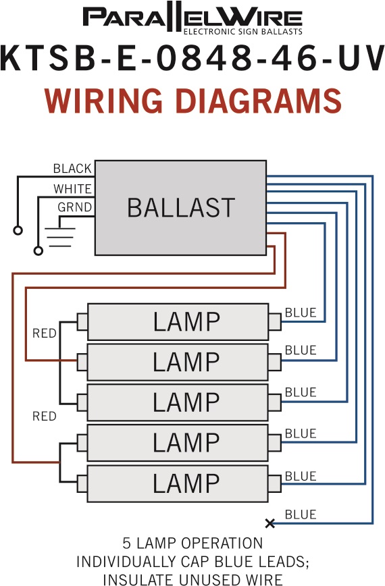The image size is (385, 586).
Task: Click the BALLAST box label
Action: point(181,207)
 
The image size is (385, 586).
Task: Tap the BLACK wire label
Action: point(72,169)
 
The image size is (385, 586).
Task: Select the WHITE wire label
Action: point(72,189)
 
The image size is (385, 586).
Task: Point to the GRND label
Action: point(75,207)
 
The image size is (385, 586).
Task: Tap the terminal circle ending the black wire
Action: point(18,230)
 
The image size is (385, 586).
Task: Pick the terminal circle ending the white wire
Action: point(38,250)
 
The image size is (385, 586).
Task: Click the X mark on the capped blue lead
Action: point(270,523)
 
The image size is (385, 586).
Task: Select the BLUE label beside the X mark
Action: point(301,514)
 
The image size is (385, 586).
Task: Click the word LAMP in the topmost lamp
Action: point(186,322)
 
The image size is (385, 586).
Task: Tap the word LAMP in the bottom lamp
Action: point(186,483)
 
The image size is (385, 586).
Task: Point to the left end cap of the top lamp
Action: point(82,322)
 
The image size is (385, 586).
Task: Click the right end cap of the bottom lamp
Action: point(275,483)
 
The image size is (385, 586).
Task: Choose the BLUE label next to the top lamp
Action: point(301,313)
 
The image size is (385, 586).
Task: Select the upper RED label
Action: point(45,333)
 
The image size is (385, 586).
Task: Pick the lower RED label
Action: point(45,416)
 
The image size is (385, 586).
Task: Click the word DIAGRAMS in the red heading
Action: point(258,101)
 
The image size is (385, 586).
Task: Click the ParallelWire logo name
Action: point(192,17)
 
